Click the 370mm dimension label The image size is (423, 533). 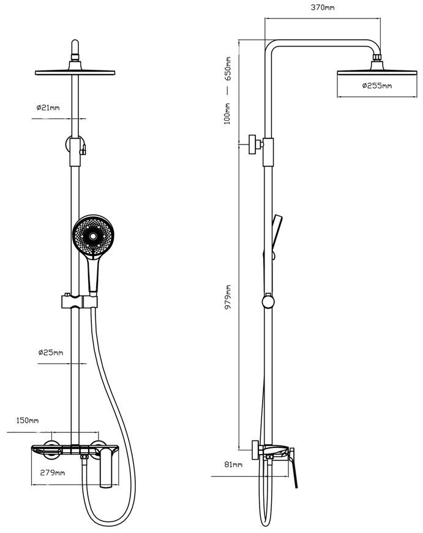[x=323, y=7]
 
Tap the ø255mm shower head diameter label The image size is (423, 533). [x=377, y=85]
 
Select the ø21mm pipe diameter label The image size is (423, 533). [x=48, y=107]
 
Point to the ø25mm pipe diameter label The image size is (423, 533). [x=51, y=352]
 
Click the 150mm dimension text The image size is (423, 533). [x=28, y=420]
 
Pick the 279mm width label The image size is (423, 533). [x=53, y=472]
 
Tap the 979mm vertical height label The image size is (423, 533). [x=228, y=297]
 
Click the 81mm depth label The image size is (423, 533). [x=233, y=464]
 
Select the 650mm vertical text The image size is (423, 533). [x=228, y=69]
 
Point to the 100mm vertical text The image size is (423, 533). [x=227, y=113]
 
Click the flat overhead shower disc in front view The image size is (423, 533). [x=75, y=72]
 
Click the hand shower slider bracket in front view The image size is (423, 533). [x=79, y=302]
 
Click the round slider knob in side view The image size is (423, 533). [x=268, y=302]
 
